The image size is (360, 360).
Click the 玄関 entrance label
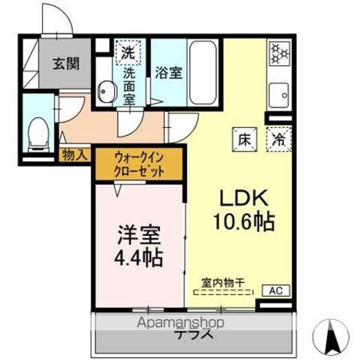pyautogui.click(x=65, y=64)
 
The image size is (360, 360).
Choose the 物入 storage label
pyautogui.click(x=74, y=155)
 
